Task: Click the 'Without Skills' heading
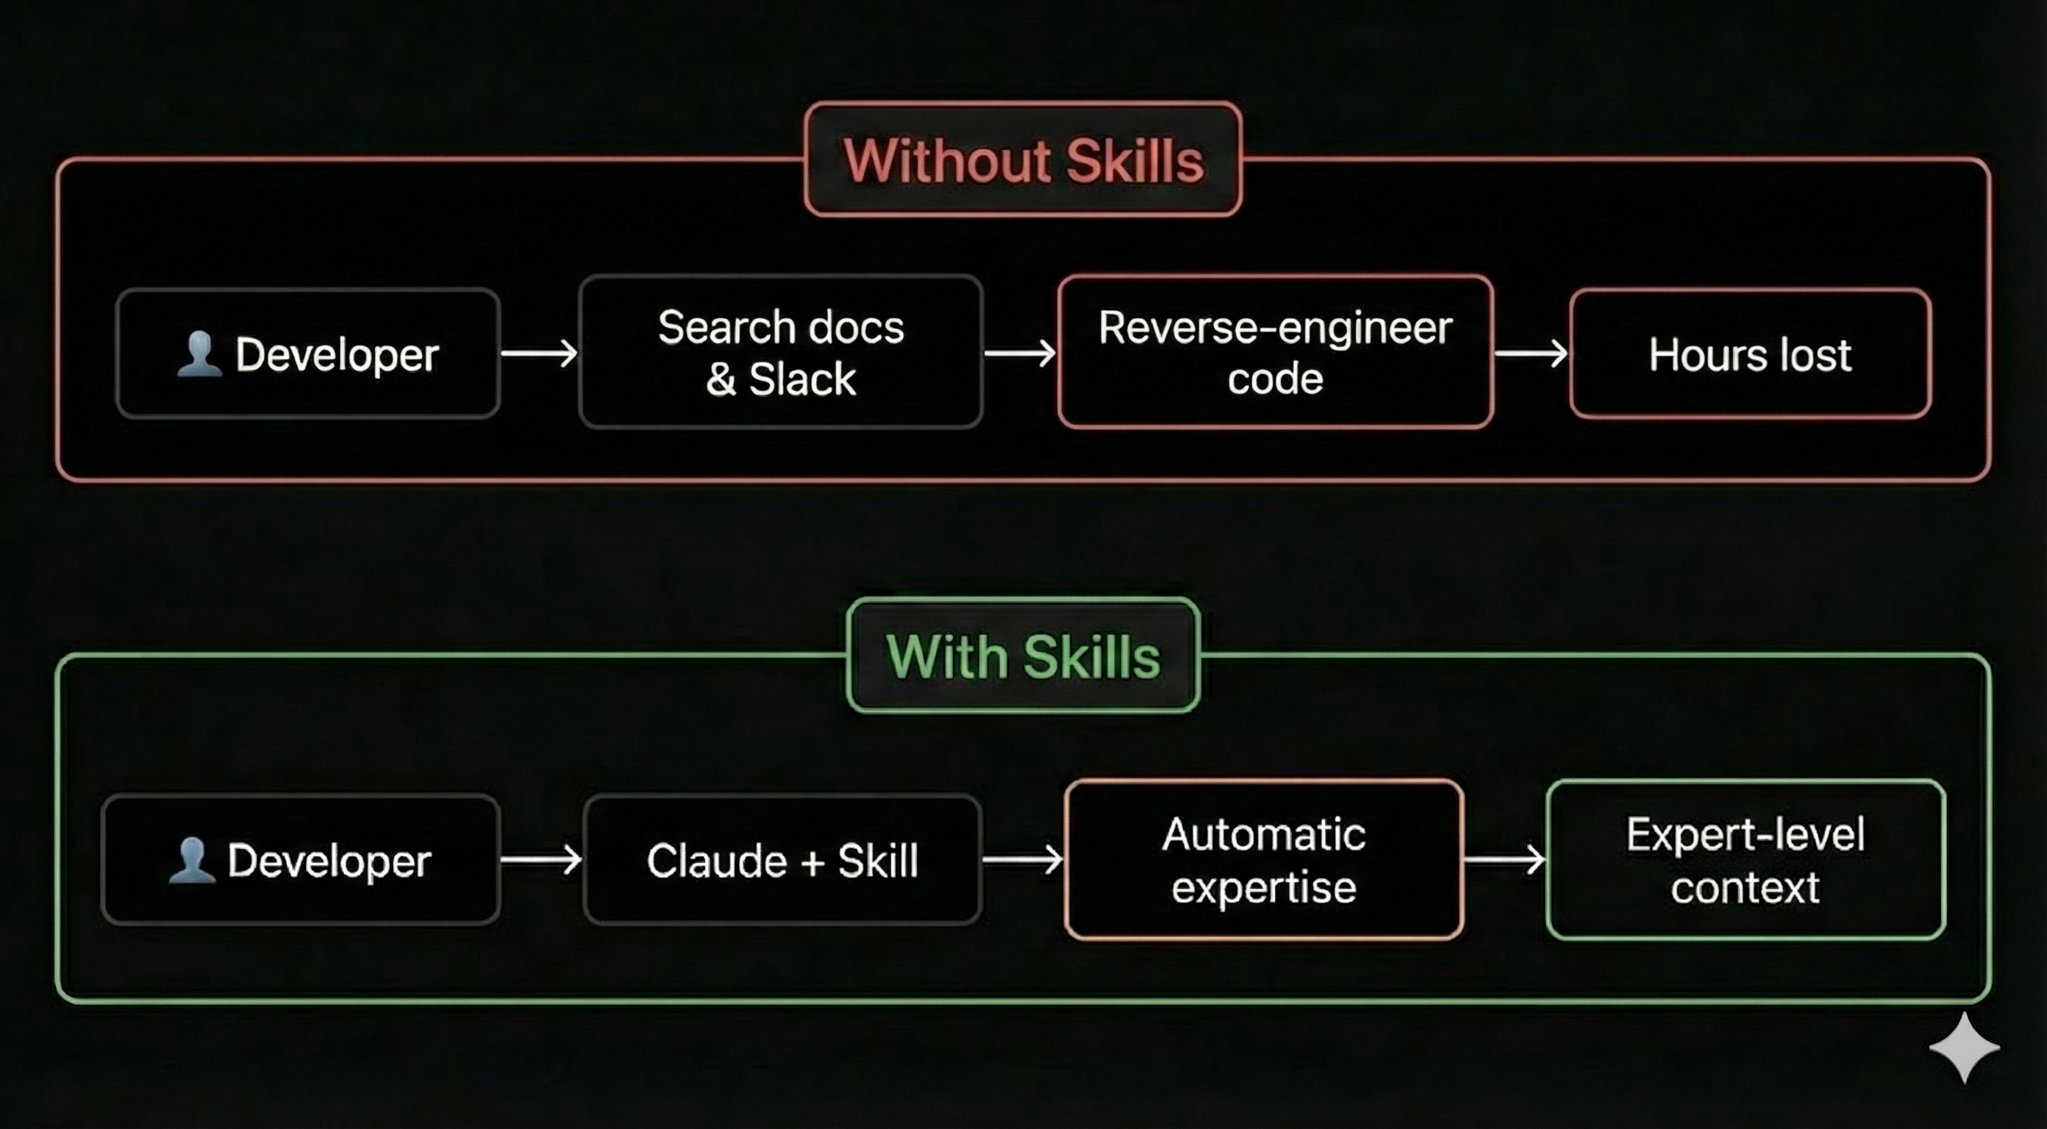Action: (1023, 160)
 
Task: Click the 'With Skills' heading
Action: (1023, 656)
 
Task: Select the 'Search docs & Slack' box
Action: (781, 352)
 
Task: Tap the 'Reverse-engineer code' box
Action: (1276, 352)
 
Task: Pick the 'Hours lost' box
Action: (1750, 354)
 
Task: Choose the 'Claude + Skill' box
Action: (782, 861)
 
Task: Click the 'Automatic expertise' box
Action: (1263, 861)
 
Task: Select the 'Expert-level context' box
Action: (1745, 861)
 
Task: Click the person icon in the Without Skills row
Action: (199, 354)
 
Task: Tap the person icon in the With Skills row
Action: (191, 861)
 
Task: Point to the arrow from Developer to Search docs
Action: (540, 354)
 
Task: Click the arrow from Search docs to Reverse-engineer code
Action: (1021, 354)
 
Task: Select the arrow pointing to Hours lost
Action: (1532, 354)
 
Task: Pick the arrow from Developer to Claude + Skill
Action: (541, 861)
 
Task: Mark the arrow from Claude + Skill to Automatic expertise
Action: (1023, 861)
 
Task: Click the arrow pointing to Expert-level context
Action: (1504, 861)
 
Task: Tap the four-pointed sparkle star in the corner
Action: (1964, 1048)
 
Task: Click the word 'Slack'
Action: (803, 379)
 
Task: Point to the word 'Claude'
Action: (717, 861)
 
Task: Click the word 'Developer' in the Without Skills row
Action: (337, 354)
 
